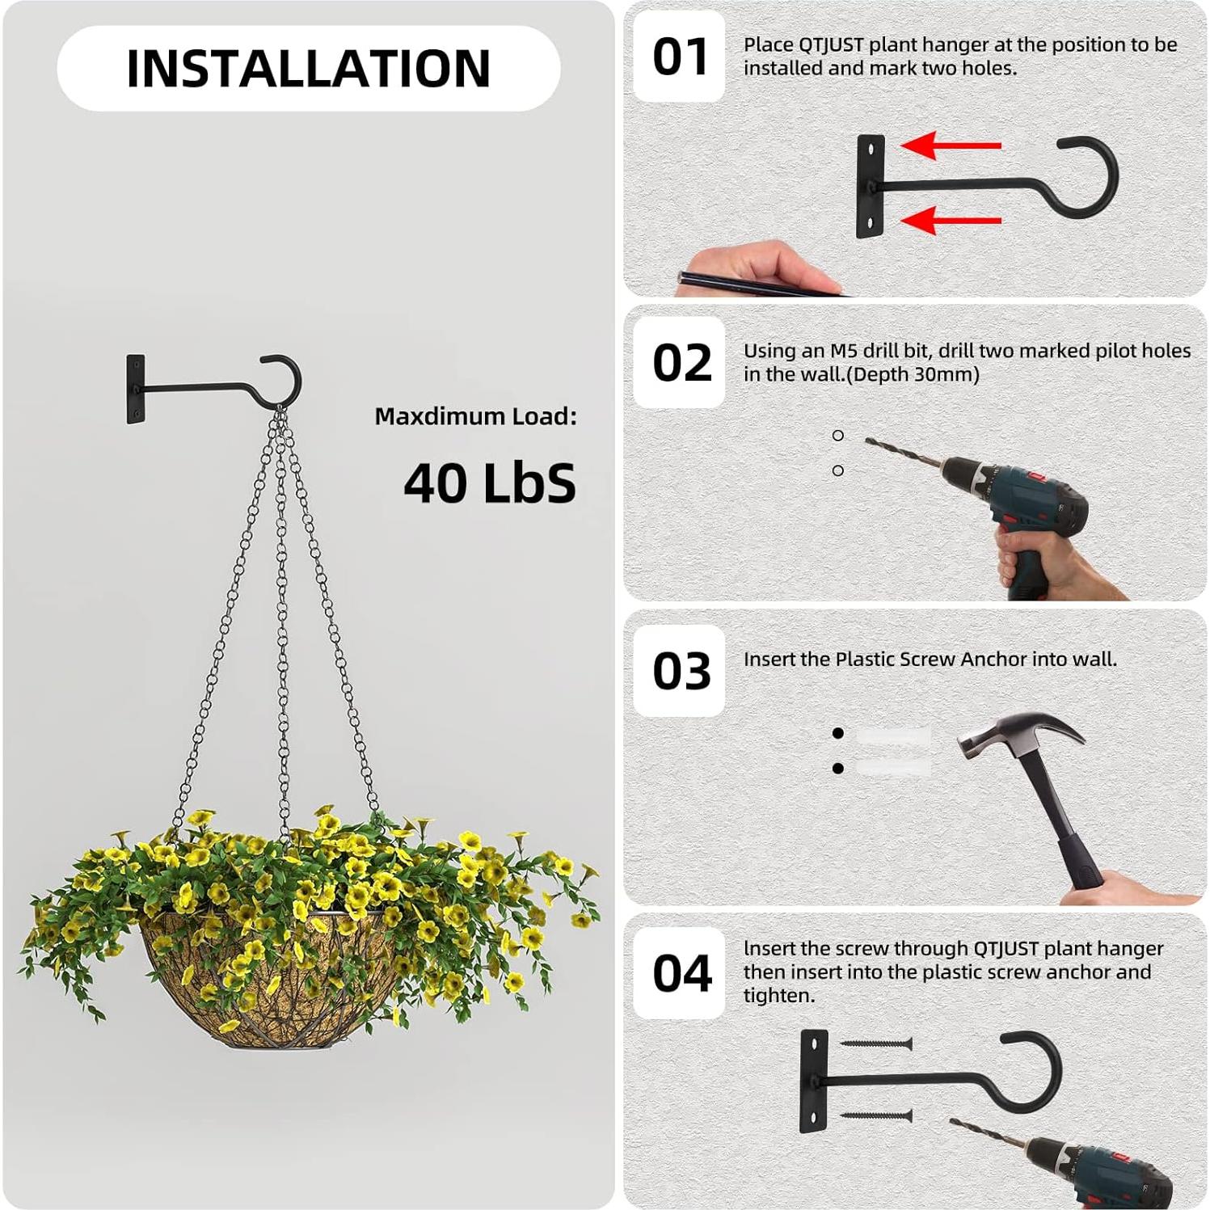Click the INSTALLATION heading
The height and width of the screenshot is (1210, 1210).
(x=308, y=68)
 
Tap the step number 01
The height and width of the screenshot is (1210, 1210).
(x=680, y=57)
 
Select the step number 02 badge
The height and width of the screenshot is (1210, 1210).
(x=681, y=363)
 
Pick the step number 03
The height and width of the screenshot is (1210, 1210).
(x=681, y=671)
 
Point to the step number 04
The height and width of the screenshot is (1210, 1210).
(x=681, y=973)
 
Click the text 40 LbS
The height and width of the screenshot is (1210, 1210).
(x=489, y=483)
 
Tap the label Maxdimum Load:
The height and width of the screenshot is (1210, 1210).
(x=475, y=416)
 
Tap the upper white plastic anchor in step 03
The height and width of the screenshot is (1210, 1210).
(x=893, y=736)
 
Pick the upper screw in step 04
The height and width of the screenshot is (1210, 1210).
(x=877, y=1044)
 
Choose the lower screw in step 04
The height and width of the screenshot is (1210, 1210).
(x=877, y=1116)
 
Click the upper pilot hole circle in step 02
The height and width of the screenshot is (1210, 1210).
(x=838, y=436)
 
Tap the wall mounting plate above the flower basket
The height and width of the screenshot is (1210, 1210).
(x=135, y=389)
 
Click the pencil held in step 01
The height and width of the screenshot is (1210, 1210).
(x=752, y=284)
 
